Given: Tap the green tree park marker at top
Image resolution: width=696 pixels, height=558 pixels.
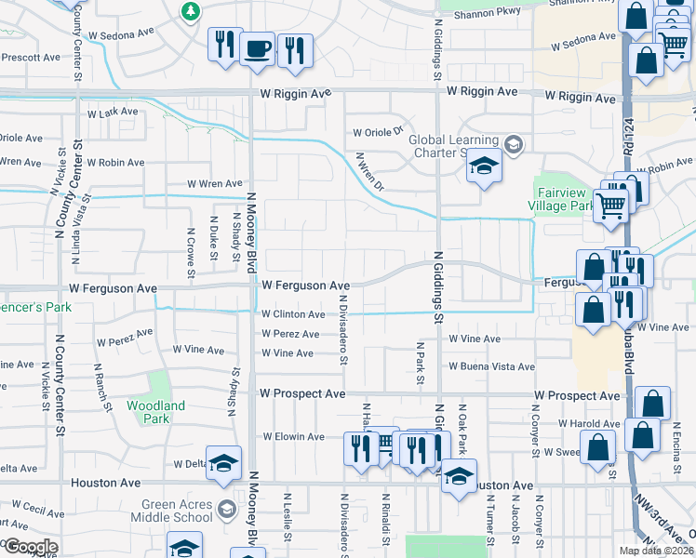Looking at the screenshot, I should coord(191,11).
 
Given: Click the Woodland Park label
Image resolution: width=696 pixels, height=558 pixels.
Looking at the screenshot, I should coord(157,412).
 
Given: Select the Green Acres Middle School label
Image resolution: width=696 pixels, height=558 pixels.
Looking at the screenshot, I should coord(169,513).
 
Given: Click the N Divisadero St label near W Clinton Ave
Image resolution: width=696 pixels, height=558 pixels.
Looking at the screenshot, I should coord(343,338).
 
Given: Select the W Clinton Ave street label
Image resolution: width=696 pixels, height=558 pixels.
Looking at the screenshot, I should coord(292,315).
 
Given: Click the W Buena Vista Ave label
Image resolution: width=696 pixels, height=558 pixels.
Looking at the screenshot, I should coord(490,366).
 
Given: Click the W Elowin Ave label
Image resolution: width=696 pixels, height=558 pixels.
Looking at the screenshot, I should coord(293,436).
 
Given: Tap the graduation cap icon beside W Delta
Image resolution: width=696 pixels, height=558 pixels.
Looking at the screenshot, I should coord(223,462).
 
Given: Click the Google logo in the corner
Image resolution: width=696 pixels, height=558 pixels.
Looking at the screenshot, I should coord(31,547).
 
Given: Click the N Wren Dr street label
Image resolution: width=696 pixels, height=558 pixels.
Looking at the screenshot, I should coord(368,172).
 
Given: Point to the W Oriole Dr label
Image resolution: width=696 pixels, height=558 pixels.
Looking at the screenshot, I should coord(376,131).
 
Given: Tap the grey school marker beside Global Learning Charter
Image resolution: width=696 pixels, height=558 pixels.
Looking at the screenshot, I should coord(514,144).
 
